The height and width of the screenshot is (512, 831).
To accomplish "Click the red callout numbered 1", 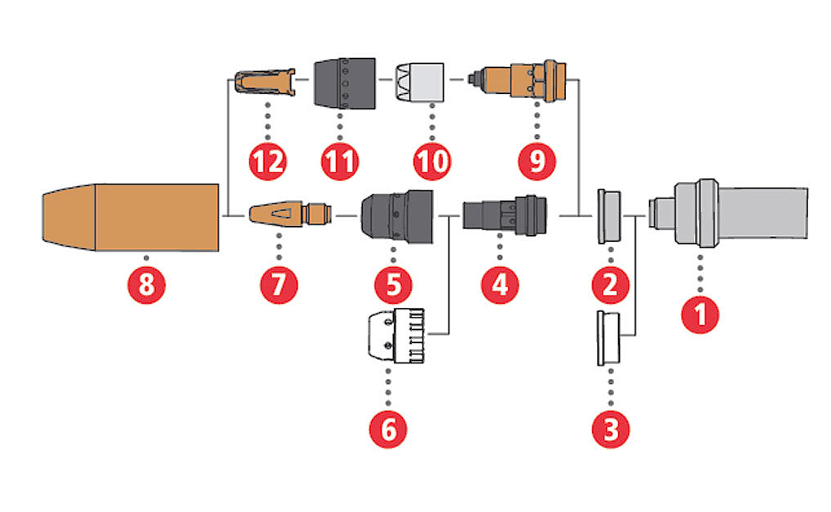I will (701, 314).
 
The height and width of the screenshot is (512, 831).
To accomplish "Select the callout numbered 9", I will (537, 161).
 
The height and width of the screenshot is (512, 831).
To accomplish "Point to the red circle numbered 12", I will (268, 161).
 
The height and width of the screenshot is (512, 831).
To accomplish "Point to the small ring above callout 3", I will (610, 336).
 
